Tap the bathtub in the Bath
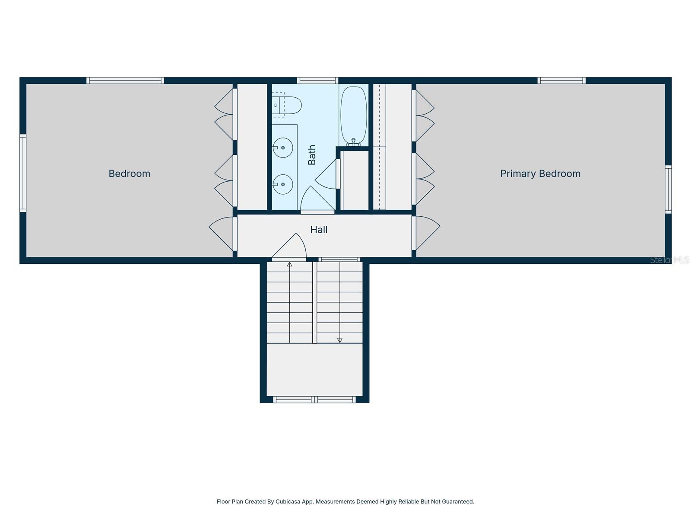(x=354, y=115)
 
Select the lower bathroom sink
(x=283, y=184)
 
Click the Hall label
(x=319, y=230)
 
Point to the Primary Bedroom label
(x=540, y=173)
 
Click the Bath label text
(x=312, y=155)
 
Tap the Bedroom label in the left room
(x=129, y=173)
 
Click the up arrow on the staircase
(x=289, y=264)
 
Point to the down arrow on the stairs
(x=340, y=340)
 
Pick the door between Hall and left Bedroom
(x=222, y=233)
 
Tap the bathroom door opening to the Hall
(x=317, y=200)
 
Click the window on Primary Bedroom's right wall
(x=668, y=189)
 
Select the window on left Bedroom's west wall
(x=23, y=173)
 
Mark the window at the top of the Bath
(x=317, y=80)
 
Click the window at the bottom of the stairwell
(x=314, y=400)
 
